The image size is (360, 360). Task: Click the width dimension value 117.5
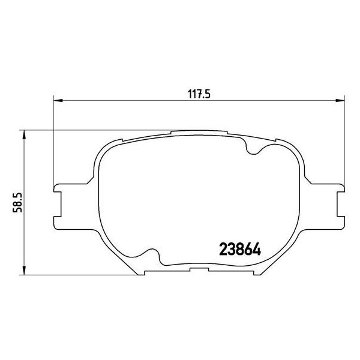click(x=197, y=93)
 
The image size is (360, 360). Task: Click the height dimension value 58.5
click(x=19, y=201)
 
